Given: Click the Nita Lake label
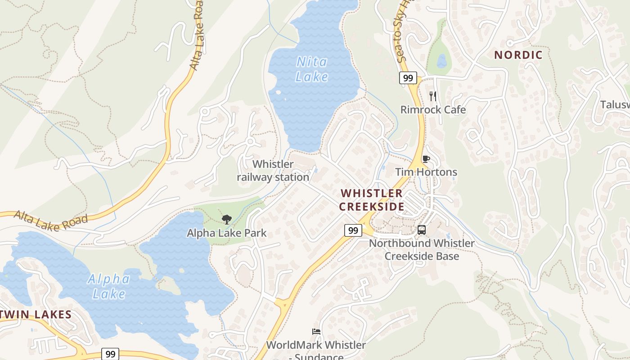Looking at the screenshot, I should pos(311,69).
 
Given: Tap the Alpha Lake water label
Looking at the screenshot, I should pos(109,286).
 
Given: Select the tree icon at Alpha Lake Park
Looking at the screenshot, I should pos(227,220).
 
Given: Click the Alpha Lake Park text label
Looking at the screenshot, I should pos(227,233).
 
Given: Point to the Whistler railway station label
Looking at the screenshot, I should pos(273,171).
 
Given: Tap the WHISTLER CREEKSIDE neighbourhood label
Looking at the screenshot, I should pos(372,200).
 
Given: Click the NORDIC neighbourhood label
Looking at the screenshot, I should pos(518,55).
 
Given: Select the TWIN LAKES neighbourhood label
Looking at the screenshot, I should pos(36,314).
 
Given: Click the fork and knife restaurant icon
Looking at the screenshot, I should pos(433,96).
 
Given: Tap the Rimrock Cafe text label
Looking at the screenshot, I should pos(433,110).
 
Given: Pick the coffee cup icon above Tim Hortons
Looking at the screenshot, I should pos(426,159).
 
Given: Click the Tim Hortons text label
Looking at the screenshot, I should pos(426,172).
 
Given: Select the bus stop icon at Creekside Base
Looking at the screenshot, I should pos(422,229).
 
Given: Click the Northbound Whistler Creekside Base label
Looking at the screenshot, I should pos(422,250).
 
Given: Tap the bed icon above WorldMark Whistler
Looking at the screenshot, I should pos(316,332).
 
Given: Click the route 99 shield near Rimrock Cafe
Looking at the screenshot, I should pos(408,78).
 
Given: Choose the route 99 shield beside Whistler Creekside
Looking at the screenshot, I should pos(353,230).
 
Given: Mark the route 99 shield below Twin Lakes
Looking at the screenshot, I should pos(110,354).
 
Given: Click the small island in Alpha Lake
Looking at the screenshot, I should pos(168,285).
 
